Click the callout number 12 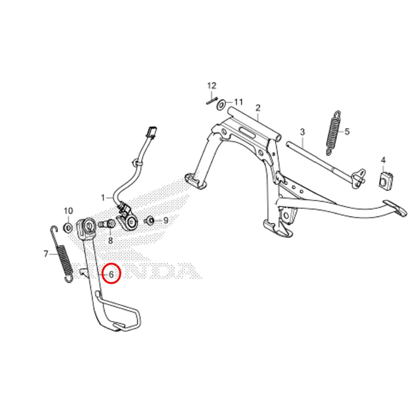(x=212, y=86)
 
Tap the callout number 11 (x=238, y=102)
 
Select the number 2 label (x=258, y=108)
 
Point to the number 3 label (x=302, y=132)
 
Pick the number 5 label (x=111, y=274)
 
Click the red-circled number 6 (x=46, y=254)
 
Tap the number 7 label (x=111, y=240)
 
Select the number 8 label (x=166, y=220)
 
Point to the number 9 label (x=68, y=211)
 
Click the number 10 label (x=103, y=198)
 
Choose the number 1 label (x=221, y=104)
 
